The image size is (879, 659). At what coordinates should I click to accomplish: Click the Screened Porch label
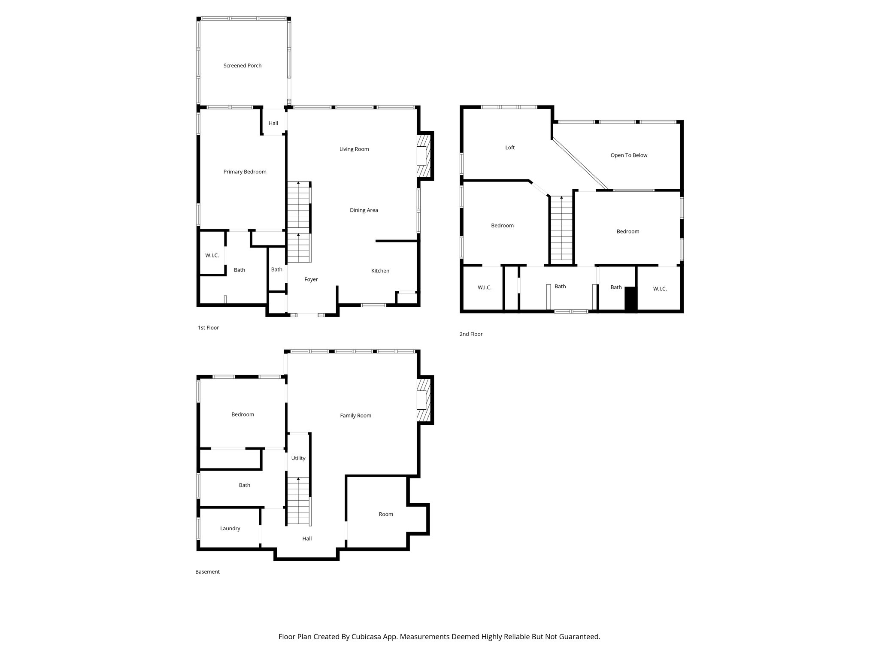tap(242, 66)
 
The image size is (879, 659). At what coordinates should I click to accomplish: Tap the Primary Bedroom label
tap(245, 172)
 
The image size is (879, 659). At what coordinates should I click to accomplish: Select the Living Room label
tap(354, 149)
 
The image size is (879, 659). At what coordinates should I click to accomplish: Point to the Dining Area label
tap(364, 210)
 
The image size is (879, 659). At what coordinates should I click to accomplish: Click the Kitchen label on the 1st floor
tap(380, 271)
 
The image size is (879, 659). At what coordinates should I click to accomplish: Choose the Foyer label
tap(311, 279)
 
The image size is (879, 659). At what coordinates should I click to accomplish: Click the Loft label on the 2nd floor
tap(509, 147)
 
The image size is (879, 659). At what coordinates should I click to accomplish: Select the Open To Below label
tap(628, 155)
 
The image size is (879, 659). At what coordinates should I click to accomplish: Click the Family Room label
tap(355, 415)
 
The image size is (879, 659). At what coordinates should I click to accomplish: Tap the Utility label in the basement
tap(298, 458)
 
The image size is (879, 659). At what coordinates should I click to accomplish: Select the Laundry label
tap(230, 528)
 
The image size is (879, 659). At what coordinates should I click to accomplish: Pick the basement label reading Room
tap(385, 514)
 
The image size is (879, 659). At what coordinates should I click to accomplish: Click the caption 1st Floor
tap(208, 327)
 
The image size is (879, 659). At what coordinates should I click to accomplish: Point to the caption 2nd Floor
tap(471, 334)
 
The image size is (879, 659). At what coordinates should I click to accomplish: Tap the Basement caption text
tap(207, 571)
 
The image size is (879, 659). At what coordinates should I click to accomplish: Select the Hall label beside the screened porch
tap(273, 123)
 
